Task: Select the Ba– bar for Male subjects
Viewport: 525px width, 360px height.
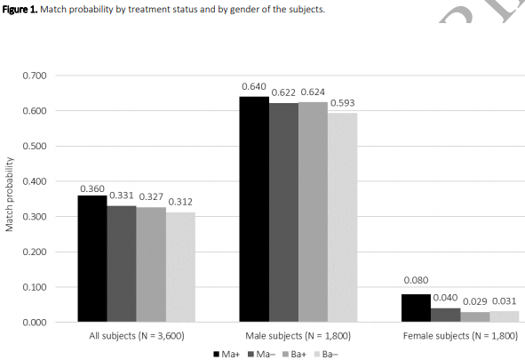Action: (343, 217)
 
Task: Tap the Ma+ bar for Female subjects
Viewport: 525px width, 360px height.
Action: (416, 308)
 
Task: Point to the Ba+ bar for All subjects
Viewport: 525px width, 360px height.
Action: (151, 264)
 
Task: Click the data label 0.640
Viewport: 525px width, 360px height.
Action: (255, 87)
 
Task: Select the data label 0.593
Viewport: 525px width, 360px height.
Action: (343, 103)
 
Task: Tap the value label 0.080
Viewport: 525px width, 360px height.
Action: (416, 281)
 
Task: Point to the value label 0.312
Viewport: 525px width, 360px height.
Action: (180, 202)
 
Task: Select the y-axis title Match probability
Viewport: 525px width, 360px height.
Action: (11, 196)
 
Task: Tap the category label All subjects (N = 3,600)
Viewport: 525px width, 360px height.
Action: (137, 336)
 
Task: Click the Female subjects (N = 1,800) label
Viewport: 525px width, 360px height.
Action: (460, 336)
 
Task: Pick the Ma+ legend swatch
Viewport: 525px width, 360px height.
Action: (216, 353)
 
